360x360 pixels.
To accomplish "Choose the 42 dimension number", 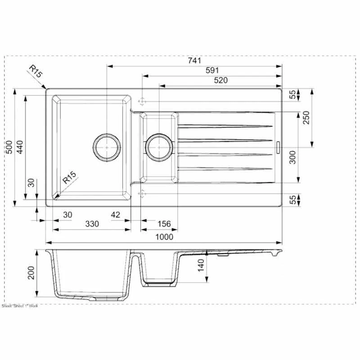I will pos(115,215).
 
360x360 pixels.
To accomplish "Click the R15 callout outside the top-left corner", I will pos(36,71).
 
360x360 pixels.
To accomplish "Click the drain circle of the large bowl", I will pos(107,147).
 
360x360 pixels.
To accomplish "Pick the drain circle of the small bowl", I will pos(158,147).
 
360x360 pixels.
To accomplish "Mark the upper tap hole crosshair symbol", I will pos(142,100).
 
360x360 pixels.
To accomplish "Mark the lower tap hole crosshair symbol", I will pos(142,193).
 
